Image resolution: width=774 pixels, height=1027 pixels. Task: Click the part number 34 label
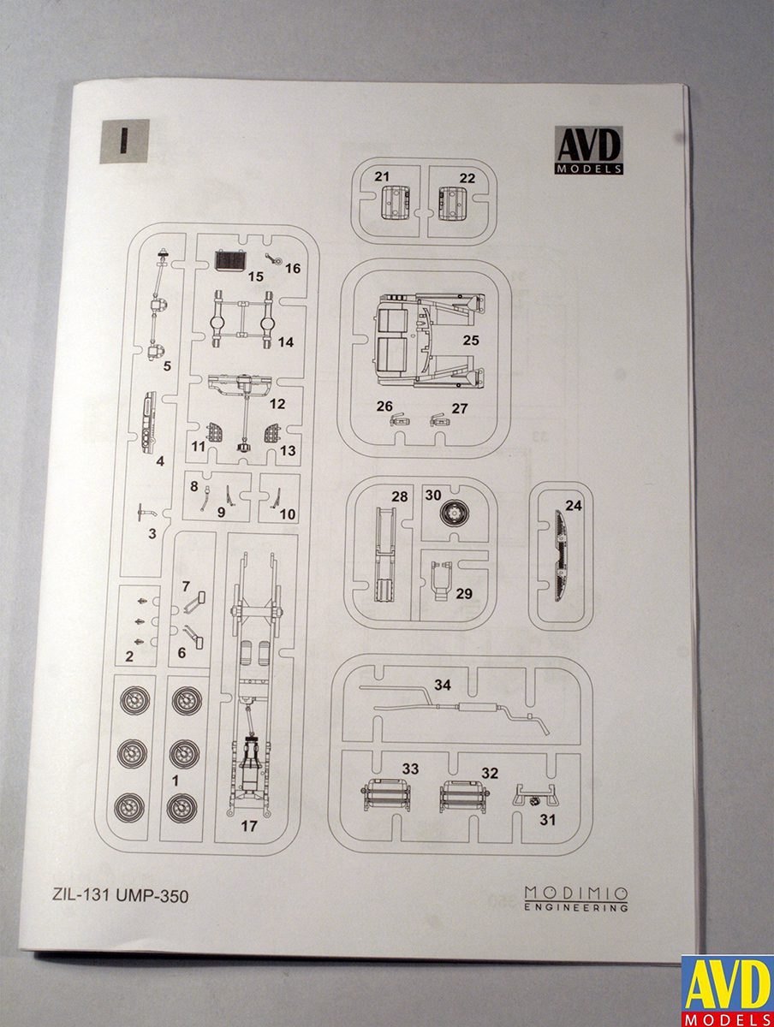pyautogui.click(x=443, y=685)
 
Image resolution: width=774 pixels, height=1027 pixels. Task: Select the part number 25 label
pyautogui.click(x=470, y=340)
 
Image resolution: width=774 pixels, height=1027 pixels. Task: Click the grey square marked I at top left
pyautogui.click(x=125, y=141)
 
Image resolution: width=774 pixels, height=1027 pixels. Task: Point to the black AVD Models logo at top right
pyautogui.click(x=588, y=150)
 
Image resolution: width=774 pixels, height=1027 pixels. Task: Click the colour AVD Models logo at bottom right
pyautogui.click(x=727, y=990)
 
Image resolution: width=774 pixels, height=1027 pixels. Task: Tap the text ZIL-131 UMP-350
pyautogui.click(x=114, y=897)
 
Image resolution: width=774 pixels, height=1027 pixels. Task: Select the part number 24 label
pyautogui.click(x=574, y=506)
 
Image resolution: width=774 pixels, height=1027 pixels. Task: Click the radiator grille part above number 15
pyautogui.click(x=227, y=258)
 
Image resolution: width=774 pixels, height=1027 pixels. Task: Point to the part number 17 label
pyautogui.click(x=249, y=827)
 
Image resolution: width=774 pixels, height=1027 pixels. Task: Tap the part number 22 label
pyautogui.click(x=467, y=178)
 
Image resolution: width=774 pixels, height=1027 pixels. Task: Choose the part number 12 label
pyautogui.click(x=277, y=403)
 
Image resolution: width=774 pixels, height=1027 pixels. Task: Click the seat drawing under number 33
pyautogui.click(x=387, y=796)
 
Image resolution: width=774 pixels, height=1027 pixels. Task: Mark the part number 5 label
pyautogui.click(x=167, y=366)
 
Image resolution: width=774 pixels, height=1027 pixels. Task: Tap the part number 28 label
pyautogui.click(x=399, y=496)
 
